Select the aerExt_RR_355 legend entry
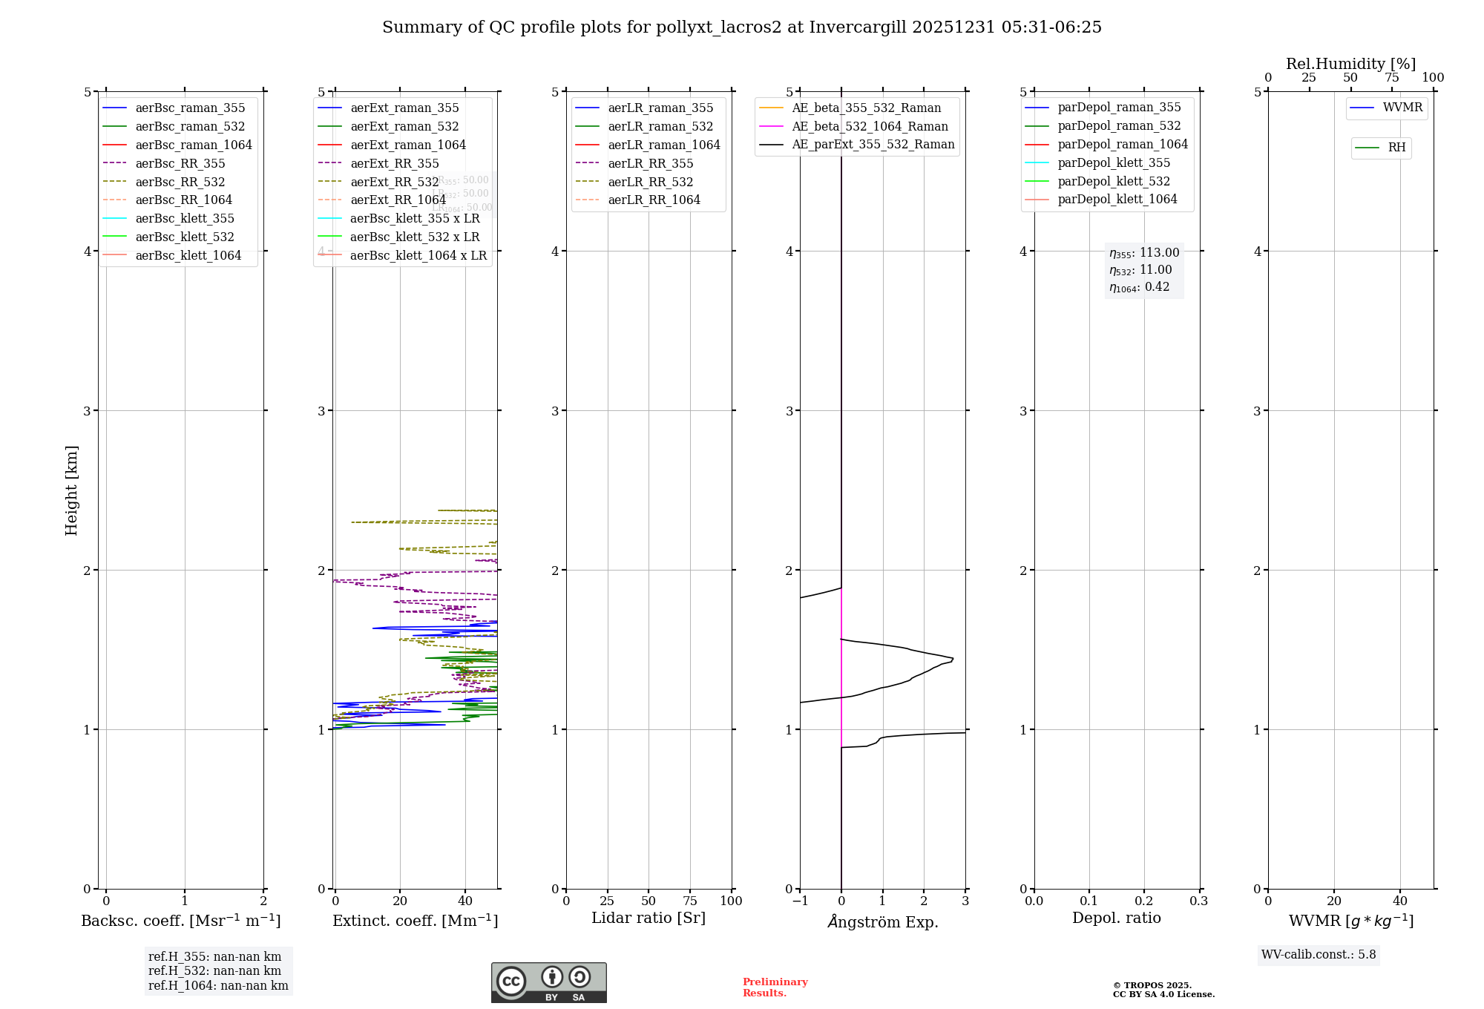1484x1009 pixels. point(394,163)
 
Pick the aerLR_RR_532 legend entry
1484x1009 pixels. point(650,182)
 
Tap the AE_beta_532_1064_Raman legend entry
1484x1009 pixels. point(870,126)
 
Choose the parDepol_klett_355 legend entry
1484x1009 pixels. point(1113,162)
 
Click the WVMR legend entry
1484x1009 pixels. point(1402,108)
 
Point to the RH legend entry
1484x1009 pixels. point(1396,148)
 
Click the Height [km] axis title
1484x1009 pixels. point(71,490)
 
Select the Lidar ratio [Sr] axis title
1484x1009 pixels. point(648,918)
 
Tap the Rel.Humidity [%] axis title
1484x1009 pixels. point(1350,64)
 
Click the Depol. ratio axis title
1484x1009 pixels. point(1116,918)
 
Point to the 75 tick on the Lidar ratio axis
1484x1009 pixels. point(690,901)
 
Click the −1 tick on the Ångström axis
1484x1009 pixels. point(800,901)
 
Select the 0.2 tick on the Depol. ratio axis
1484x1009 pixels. point(1144,901)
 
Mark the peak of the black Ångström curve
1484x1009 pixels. point(953,658)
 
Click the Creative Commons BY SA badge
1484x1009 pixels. point(548,982)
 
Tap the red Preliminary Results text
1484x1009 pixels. point(775,987)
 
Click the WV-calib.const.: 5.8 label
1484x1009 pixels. point(1318,954)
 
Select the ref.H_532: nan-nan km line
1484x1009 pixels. point(214,970)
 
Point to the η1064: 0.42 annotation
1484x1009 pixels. point(1139,287)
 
